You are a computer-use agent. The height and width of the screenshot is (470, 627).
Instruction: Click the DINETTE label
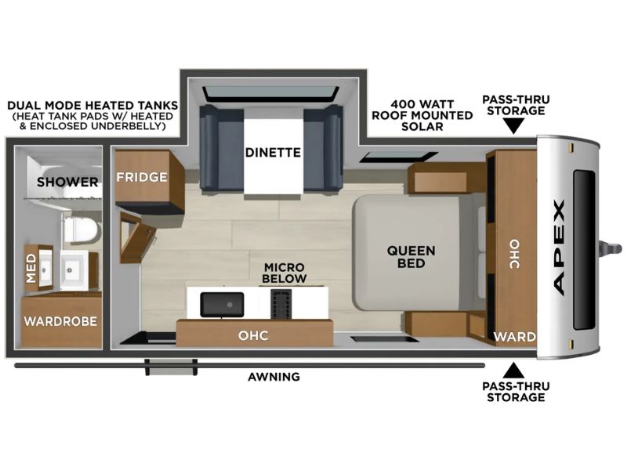click(x=273, y=152)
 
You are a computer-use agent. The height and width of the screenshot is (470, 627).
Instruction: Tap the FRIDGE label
click(x=142, y=177)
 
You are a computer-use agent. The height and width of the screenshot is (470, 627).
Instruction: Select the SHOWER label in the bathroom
click(x=67, y=183)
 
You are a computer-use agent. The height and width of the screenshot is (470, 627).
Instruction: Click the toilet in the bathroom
click(x=82, y=229)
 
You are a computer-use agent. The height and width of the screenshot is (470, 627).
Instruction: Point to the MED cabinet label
click(x=31, y=269)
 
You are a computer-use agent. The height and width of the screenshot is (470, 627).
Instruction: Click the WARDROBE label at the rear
click(x=60, y=321)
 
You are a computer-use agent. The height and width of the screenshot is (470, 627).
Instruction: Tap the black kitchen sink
click(x=222, y=305)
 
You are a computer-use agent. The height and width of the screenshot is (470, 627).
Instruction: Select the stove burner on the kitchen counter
click(x=281, y=303)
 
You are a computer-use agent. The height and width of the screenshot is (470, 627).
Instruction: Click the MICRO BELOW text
click(x=285, y=273)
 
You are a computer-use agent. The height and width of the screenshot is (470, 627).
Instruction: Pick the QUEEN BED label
click(x=411, y=257)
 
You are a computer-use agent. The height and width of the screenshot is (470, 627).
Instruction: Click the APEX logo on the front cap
click(x=559, y=248)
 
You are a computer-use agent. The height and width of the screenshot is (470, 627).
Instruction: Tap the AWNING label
click(x=274, y=377)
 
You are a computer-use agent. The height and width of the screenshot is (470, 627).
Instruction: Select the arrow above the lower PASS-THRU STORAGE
click(x=514, y=371)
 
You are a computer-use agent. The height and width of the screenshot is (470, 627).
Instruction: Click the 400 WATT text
click(x=422, y=104)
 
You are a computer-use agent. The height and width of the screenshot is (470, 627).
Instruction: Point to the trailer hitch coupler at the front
click(x=611, y=248)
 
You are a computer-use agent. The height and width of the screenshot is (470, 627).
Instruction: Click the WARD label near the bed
click(x=515, y=337)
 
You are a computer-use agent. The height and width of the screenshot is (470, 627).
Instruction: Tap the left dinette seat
click(x=221, y=147)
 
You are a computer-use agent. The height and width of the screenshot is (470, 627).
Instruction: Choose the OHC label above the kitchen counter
click(x=253, y=335)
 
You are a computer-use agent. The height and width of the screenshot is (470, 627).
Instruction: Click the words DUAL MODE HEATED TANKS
click(x=92, y=106)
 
